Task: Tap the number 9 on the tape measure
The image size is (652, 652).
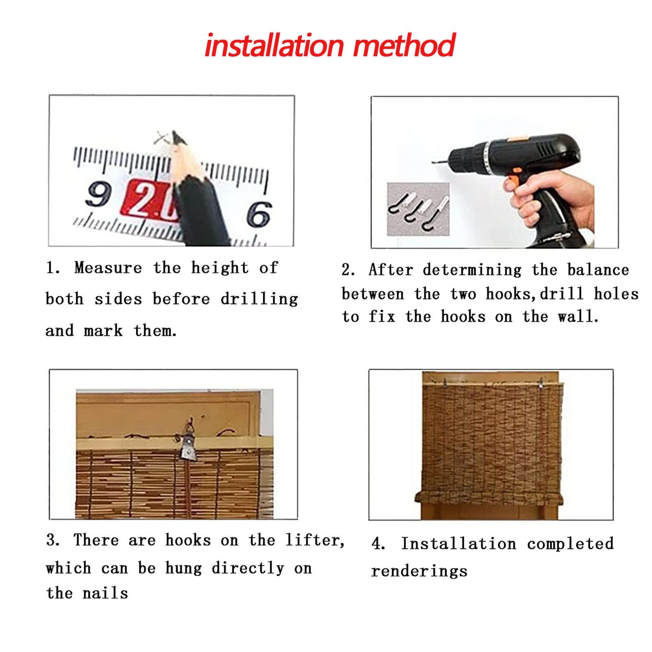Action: (98, 194)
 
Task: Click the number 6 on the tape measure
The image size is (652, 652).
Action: (259, 214)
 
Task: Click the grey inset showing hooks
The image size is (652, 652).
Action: (418, 209)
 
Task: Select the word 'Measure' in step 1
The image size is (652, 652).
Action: (108, 268)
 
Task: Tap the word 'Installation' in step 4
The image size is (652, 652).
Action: (458, 544)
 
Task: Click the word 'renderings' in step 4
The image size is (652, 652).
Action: (419, 571)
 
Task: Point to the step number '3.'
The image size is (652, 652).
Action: (53, 540)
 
